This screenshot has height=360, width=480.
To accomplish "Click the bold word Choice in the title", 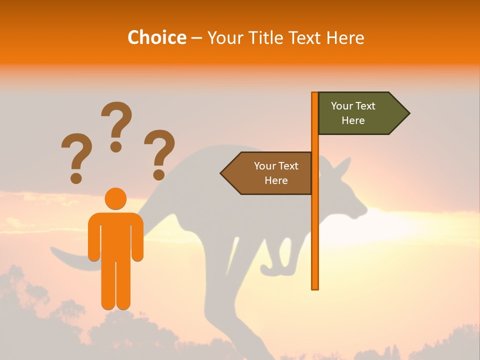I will coord(156,37).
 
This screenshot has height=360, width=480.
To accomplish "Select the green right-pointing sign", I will coord(360,113).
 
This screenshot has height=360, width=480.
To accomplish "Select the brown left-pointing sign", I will coord(270,173).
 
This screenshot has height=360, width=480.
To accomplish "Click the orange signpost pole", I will coord(315,225).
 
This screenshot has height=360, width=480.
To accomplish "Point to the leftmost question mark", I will coord(76,152).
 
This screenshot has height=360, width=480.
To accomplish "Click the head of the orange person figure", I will coord(115,198).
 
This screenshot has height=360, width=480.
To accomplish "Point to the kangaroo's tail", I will coord(70,257).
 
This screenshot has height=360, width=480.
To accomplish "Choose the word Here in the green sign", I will coord(353,120).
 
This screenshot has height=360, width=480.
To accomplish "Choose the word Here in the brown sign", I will coord(276,180).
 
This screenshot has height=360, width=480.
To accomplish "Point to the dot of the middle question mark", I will coord(116,146).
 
